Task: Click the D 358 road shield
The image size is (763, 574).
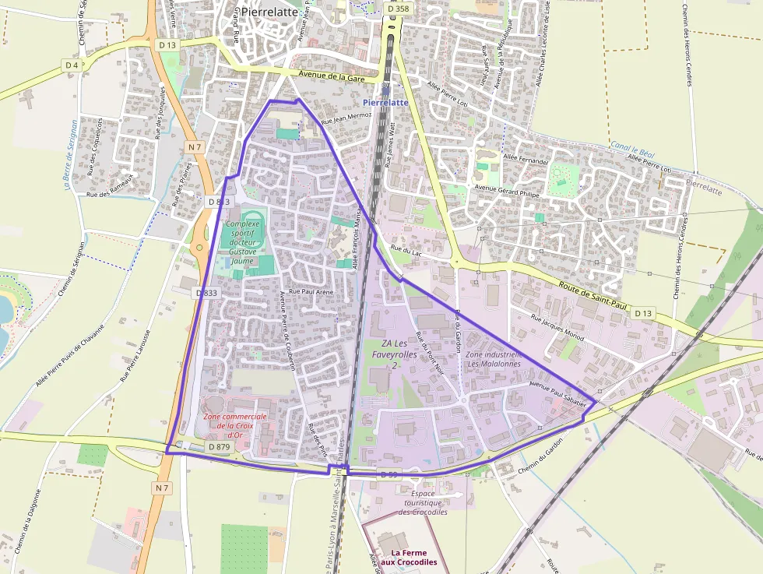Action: (397, 9)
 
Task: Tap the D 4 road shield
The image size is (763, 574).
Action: (72, 65)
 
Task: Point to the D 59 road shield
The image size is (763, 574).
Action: (390, 474)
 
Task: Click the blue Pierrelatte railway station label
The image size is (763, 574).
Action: (385, 102)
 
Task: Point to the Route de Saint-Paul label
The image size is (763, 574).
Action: (592, 297)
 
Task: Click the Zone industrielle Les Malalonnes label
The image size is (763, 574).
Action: (493, 358)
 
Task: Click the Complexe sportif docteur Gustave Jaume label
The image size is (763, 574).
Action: (243, 242)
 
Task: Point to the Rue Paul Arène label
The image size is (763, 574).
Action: (311, 291)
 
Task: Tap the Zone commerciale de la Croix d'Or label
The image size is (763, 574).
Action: (235, 425)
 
